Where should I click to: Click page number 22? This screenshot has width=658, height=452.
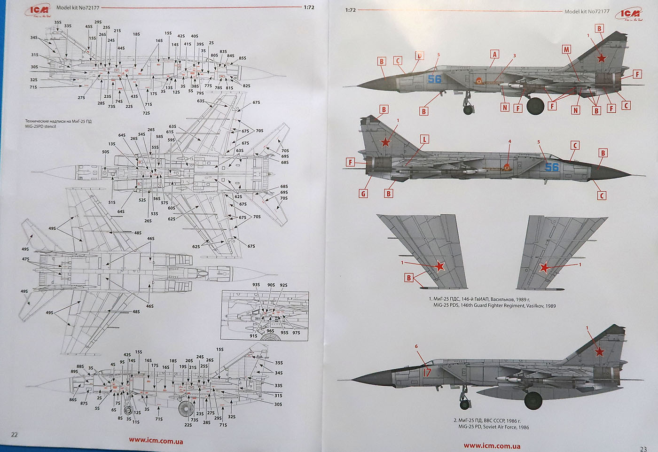[x=14, y=435]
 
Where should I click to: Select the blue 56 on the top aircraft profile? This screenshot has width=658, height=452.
[x=434, y=79]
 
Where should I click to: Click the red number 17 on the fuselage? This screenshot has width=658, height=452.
[x=427, y=373]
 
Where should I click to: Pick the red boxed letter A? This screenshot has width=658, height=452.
[x=494, y=54]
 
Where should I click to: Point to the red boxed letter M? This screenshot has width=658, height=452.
[x=566, y=49]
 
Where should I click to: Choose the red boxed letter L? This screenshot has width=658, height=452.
[x=424, y=139]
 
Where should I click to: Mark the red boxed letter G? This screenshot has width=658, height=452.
[x=363, y=193]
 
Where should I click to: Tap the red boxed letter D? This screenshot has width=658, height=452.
[x=419, y=56]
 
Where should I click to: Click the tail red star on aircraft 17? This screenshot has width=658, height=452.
[x=599, y=351]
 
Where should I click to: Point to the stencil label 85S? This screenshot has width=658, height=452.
[x=243, y=58]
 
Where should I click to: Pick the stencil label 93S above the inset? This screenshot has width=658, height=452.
[x=256, y=285]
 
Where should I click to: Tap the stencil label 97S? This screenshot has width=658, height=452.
[x=296, y=333]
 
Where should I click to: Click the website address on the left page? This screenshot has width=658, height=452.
[x=156, y=441]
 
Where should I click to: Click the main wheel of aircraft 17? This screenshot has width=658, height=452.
[x=533, y=400]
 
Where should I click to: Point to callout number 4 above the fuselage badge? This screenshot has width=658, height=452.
[x=509, y=141]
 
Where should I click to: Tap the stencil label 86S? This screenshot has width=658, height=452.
[x=73, y=399]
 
